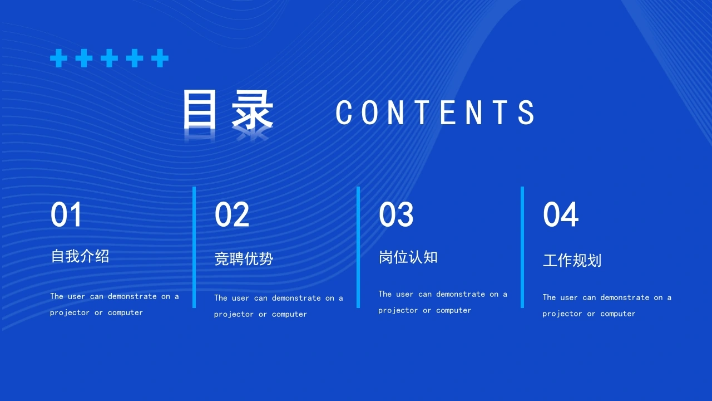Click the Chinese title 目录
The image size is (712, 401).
228,109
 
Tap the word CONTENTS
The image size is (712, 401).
435,112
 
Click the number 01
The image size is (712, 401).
66,214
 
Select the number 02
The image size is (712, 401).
232,214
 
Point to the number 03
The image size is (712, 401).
396,214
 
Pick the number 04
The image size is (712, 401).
560,214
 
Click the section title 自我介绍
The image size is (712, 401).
80,256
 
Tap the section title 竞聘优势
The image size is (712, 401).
244,258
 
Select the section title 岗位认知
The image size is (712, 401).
408,257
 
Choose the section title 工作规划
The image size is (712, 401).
572,260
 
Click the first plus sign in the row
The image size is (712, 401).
59,58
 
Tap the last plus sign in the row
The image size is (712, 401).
160,58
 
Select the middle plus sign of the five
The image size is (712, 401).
110,58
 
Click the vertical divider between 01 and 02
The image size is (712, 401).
194,247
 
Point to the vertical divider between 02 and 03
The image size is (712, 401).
358,247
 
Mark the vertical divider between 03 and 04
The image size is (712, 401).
522,247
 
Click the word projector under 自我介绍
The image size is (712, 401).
70,313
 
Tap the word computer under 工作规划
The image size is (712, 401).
618,314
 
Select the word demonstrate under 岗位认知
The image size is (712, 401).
461,294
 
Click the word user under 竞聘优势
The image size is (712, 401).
240,298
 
